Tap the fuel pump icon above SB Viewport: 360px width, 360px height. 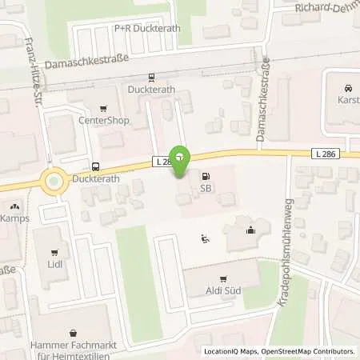[x=206, y=176]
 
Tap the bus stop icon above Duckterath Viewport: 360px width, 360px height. [x=96, y=167]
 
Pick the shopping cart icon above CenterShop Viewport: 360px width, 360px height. [x=102, y=109]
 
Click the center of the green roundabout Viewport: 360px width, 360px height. [x=54, y=182]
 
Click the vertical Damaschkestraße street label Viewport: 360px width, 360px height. [x=262, y=112]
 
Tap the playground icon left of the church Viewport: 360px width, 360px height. [x=205, y=238]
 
